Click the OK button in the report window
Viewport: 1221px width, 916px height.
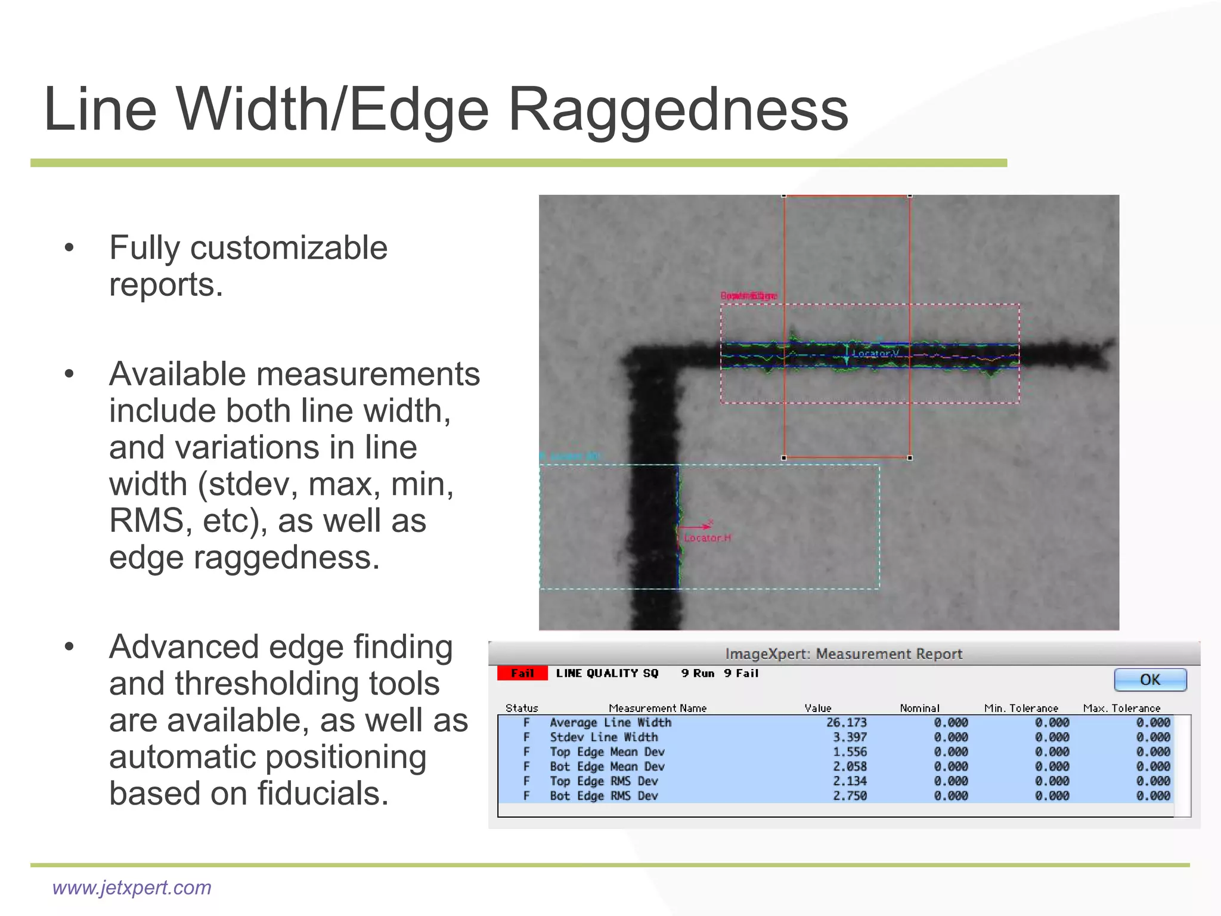[1149, 680]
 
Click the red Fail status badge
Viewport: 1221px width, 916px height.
[522, 673]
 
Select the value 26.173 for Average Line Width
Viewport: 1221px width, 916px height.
[846, 723]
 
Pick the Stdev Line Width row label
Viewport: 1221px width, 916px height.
[603, 738]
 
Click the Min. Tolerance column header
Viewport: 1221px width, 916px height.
[1021, 708]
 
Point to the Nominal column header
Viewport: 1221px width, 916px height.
[919, 708]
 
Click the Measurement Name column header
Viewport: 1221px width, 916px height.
[657, 708]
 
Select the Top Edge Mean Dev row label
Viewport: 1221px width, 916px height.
[607, 752]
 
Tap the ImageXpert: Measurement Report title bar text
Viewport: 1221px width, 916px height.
[844, 654]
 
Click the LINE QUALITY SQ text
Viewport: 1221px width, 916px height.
[607, 673]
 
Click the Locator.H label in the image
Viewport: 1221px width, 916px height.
[707, 538]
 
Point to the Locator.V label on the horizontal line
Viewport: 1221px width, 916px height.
[875, 354]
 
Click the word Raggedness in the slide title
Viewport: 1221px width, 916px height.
[678, 110]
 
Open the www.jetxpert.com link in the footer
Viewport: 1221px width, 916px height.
[132, 887]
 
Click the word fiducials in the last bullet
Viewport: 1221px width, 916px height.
[323, 794]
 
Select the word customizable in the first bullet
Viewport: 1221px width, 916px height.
[289, 248]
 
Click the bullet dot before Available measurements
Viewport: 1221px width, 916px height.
[69, 375]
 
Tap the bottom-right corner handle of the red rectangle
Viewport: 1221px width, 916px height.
[910, 458]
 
